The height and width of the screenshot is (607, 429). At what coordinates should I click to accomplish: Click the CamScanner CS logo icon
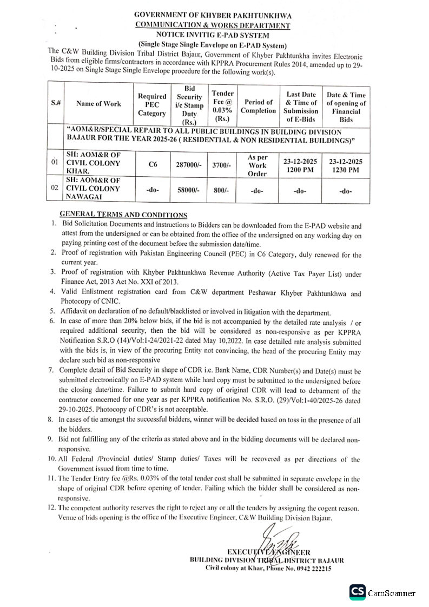click(357, 593)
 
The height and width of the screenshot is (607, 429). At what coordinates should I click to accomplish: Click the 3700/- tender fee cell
click(222, 164)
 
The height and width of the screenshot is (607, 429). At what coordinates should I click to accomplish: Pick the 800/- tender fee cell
click(222, 191)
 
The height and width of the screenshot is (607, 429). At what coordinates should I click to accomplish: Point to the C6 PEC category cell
click(152, 164)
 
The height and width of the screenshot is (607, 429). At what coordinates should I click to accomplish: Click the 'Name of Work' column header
click(98, 104)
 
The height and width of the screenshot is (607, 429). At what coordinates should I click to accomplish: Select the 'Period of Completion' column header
click(258, 106)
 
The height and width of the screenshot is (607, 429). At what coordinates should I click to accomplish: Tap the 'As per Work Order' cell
click(258, 164)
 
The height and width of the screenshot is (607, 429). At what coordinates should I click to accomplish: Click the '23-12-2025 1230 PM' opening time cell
click(346, 165)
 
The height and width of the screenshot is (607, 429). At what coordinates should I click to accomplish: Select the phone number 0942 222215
click(312, 569)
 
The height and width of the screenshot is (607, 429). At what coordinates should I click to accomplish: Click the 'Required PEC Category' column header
click(152, 105)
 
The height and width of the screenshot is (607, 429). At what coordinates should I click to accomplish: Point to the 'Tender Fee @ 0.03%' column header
click(222, 105)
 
